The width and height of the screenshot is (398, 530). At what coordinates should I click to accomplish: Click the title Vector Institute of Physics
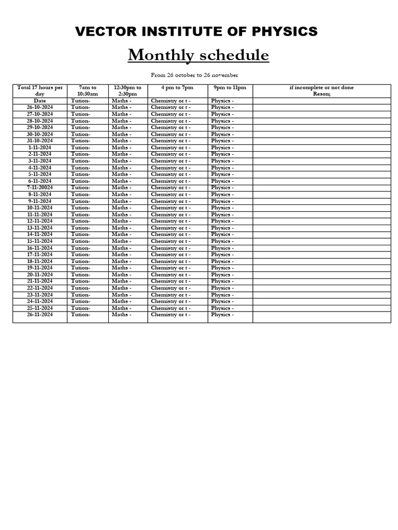[x=196, y=32]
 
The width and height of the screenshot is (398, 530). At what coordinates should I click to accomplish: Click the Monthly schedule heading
[x=198, y=55]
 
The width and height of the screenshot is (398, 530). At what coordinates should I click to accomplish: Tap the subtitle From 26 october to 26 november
[x=194, y=75]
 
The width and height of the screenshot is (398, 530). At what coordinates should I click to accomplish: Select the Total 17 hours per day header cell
[x=40, y=91]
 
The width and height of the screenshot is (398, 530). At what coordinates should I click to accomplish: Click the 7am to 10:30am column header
[x=88, y=91]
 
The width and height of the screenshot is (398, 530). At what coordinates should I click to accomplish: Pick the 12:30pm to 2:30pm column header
[x=127, y=91]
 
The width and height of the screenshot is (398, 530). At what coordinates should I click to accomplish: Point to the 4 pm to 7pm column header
[x=177, y=87]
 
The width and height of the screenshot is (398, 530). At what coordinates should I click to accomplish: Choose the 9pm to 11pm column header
[x=230, y=87]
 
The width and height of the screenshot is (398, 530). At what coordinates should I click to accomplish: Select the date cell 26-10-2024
[x=40, y=107]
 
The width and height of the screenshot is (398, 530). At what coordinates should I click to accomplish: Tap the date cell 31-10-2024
[x=40, y=141]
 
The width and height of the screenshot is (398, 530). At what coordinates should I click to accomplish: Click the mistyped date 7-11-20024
[x=40, y=187]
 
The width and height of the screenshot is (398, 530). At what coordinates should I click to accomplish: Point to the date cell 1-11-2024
[x=40, y=148]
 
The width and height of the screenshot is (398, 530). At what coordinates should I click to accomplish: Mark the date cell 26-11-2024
[x=40, y=315]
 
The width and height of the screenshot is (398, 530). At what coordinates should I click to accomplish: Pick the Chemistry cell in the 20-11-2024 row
[x=170, y=275]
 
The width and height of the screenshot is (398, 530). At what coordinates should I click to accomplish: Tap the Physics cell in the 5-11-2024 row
[x=222, y=174]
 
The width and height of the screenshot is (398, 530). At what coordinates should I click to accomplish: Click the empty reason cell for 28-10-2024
[x=321, y=121]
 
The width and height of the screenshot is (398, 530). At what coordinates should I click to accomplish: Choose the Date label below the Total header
[x=40, y=100]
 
